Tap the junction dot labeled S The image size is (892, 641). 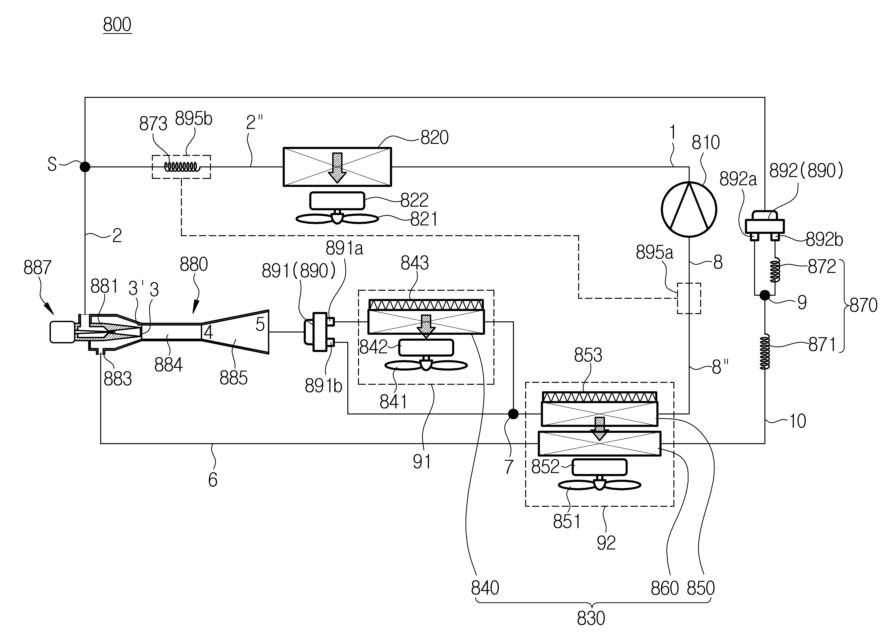click(85, 167)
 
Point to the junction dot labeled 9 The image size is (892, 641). click(765, 295)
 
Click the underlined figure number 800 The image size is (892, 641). click(117, 25)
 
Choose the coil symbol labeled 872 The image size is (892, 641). click(775, 270)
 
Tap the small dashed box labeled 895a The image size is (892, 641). click(689, 298)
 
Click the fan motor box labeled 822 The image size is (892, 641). click(337, 200)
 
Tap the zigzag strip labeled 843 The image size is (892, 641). click(426, 304)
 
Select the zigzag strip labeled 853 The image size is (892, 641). click(599, 397)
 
